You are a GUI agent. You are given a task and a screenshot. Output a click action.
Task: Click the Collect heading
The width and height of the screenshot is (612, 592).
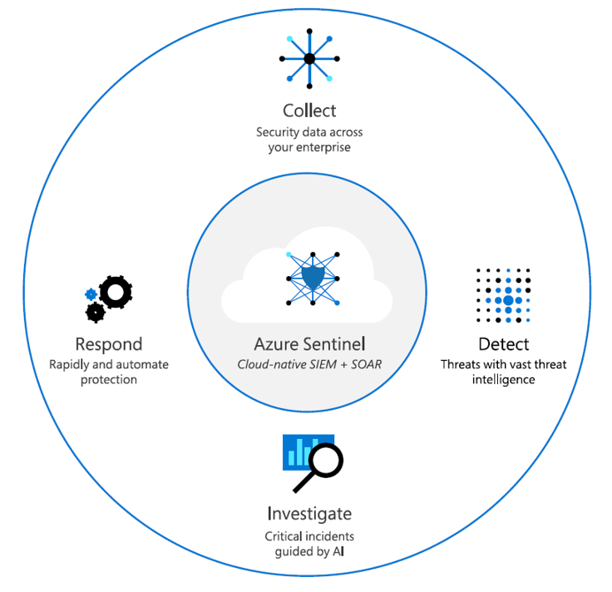310,111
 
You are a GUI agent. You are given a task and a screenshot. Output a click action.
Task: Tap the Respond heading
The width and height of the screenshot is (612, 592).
109,345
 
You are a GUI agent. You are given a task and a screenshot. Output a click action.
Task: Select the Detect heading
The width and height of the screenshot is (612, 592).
503,344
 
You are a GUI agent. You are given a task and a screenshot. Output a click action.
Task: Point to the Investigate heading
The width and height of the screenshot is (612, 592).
310,514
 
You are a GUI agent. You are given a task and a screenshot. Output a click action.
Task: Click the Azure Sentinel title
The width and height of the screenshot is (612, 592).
310,344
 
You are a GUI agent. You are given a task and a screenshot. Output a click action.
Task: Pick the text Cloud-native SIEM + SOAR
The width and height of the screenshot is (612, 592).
310,365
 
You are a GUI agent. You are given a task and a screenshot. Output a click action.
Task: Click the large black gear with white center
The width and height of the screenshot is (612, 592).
116,292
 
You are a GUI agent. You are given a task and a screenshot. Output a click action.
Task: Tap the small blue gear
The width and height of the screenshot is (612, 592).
91,294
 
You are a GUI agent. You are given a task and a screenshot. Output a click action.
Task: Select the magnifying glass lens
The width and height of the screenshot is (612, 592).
326,460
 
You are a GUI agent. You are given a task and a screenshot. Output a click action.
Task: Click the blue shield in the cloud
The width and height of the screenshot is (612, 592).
313,277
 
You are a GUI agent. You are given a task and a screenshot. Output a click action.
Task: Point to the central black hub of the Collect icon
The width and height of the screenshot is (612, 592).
310,59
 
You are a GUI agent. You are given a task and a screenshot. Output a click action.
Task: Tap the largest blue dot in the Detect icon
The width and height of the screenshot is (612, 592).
509,300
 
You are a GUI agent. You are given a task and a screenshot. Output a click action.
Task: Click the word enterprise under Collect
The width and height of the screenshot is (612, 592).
323,148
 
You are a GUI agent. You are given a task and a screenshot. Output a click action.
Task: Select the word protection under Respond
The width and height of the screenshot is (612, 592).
109,380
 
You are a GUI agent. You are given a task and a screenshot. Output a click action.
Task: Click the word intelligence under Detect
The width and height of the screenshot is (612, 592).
503,380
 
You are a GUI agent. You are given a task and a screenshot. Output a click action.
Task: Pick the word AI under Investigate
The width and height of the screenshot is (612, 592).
338,551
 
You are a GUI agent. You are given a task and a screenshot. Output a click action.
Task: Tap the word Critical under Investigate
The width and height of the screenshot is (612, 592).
284,536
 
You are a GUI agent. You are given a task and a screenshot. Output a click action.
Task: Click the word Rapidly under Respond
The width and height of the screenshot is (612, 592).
69,365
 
